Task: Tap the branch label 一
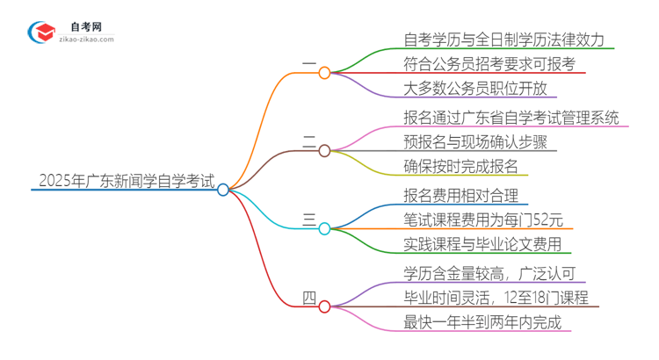(308, 65)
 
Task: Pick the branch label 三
(308, 220)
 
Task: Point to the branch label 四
(308, 297)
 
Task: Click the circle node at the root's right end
(223, 189)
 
